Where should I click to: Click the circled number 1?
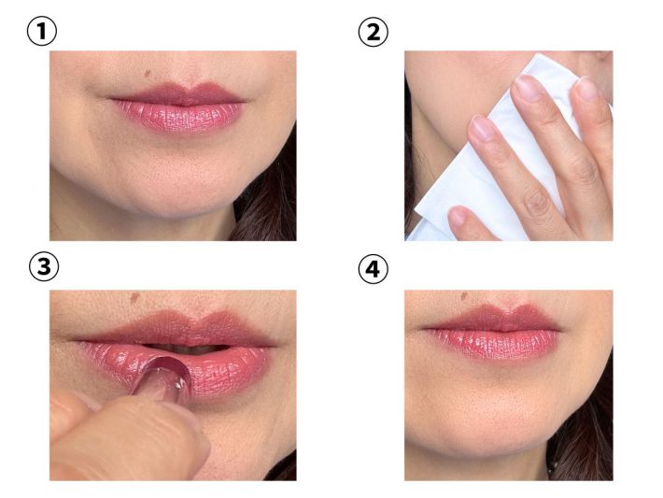point(42,32)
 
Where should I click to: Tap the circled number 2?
point(373,32)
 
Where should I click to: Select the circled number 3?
point(44,266)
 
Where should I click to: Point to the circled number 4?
point(373,269)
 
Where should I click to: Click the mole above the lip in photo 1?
point(148,74)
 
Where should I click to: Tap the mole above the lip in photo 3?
point(134,297)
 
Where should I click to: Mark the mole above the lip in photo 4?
point(464,296)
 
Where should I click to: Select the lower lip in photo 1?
point(179,117)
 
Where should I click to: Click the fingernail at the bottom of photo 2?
point(458,216)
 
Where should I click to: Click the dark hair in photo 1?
point(271,203)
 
